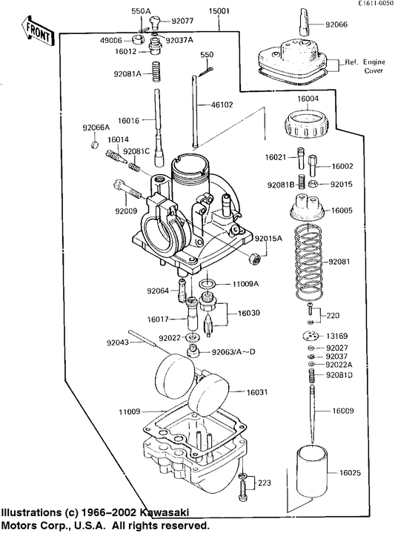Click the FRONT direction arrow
coord(38,29)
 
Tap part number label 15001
coord(219,12)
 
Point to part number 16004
coord(308,99)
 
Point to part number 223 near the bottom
coord(265,482)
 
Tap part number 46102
coord(239,106)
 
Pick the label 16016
coord(129,119)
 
